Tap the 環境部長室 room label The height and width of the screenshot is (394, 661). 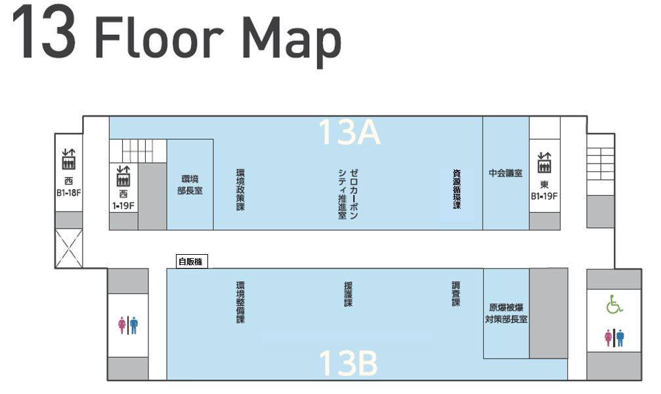pyautogui.click(x=190, y=185)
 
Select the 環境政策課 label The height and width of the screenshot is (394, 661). pyautogui.click(x=240, y=190)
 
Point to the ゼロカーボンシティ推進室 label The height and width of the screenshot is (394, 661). pyautogui.click(x=348, y=194)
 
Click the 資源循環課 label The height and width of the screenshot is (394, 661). pyautogui.click(x=457, y=189)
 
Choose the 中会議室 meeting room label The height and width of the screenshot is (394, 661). pyautogui.click(x=505, y=173)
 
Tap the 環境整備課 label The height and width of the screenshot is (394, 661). pyautogui.click(x=240, y=303)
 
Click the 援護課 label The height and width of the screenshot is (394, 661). pyautogui.click(x=348, y=294)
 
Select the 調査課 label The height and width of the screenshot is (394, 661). pyautogui.click(x=456, y=294)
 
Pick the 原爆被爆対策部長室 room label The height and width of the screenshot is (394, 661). pyautogui.click(x=506, y=313)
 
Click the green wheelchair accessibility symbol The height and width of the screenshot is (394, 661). pyautogui.click(x=614, y=304)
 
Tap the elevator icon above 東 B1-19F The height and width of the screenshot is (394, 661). pyautogui.click(x=544, y=163)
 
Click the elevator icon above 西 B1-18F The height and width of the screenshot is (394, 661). pyautogui.click(x=68, y=159)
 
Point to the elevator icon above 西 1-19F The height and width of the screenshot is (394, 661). pyautogui.click(x=123, y=176)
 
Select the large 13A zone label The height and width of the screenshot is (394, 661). pyautogui.click(x=349, y=132)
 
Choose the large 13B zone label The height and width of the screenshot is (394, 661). pyautogui.click(x=348, y=363)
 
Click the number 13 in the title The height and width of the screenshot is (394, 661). pyautogui.click(x=44, y=32)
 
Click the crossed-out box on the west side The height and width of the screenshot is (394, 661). pyautogui.click(x=69, y=248)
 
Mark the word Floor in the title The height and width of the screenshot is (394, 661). pyautogui.click(x=159, y=37)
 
